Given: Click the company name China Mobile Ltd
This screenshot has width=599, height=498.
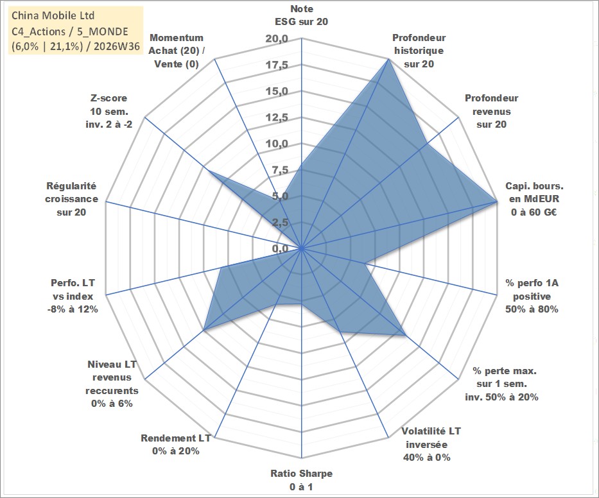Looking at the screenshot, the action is click(x=53, y=15).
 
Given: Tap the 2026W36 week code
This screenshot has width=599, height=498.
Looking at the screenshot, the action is click(x=117, y=46).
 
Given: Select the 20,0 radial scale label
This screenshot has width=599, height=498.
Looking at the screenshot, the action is click(x=277, y=39).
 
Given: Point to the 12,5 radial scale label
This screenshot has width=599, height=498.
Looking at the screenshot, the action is click(x=277, y=117).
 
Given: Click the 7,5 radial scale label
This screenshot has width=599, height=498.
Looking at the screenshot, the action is click(x=280, y=170).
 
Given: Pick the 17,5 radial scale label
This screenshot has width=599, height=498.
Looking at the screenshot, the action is click(x=277, y=65).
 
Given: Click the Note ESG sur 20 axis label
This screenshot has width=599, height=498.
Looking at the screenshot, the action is click(x=301, y=15).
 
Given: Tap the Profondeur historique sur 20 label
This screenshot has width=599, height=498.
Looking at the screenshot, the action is click(x=419, y=51).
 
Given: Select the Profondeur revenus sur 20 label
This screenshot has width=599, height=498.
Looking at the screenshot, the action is click(x=492, y=111).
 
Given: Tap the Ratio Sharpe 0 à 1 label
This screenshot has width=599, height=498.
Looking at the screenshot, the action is click(x=301, y=480).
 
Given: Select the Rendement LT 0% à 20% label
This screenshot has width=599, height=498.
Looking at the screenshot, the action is click(x=176, y=445).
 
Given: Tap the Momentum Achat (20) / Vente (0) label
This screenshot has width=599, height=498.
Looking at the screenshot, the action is click(x=177, y=51).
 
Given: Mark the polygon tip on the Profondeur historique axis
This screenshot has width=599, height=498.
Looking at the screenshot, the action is click(x=388, y=59).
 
